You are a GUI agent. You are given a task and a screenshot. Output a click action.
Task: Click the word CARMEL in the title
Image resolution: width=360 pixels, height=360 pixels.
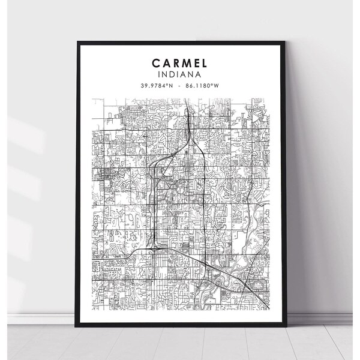[179, 62]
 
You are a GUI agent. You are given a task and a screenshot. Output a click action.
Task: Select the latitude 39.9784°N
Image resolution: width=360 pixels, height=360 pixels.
[157, 85]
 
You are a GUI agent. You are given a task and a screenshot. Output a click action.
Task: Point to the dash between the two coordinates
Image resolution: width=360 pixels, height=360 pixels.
[179, 85]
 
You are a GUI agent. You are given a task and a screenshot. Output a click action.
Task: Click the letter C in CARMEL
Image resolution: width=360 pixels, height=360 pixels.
[155, 62]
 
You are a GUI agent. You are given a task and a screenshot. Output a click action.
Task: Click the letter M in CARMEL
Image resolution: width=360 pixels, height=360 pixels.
[185, 62]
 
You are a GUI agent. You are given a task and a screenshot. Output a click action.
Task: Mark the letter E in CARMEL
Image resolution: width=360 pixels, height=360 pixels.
[196, 62]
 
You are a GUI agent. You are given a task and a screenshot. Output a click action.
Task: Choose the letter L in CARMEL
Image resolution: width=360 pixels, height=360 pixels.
[204, 62]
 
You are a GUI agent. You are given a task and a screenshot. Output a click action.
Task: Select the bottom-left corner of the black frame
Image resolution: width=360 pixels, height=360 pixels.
[78, 325]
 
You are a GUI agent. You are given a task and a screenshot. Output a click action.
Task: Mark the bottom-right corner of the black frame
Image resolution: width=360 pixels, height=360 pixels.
[283, 325]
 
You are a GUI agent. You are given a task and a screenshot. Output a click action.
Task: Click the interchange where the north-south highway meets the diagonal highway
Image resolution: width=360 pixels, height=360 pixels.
[155, 245]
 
